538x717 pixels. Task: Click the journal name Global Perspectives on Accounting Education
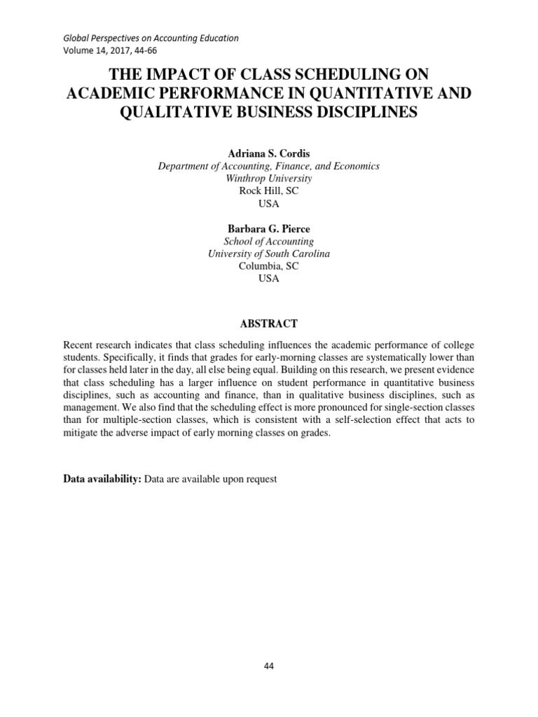pos(151,38)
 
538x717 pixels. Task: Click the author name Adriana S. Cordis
pos(268,153)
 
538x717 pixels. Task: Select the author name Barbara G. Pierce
pos(268,228)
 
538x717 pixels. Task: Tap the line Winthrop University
pos(268,179)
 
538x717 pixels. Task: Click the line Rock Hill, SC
pos(268,191)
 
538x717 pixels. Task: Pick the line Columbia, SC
pos(268,266)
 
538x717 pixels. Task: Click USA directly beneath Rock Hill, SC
pos(268,204)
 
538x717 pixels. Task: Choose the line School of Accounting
pos(268,241)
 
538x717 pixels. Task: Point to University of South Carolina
pos(268,253)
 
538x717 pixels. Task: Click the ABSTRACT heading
pos(268,323)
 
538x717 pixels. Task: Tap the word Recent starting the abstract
pos(78,345)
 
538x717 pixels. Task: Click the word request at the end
pos(261,479)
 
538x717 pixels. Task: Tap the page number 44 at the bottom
pos(268,666)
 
